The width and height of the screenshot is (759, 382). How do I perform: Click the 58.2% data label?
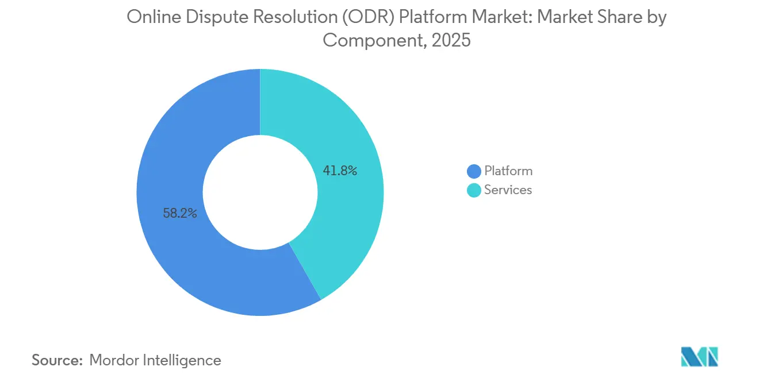point(180,213)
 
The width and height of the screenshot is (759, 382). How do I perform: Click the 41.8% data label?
point(340,171)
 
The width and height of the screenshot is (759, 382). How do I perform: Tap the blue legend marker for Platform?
point(474,171)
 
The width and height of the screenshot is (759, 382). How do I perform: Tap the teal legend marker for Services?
point(474,190)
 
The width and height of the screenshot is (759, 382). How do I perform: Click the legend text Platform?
point(508,171)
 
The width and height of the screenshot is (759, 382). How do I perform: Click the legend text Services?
point(508,190)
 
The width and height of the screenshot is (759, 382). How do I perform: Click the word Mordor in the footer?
point(113,360)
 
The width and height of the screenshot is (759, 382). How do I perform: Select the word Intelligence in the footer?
point(182,361)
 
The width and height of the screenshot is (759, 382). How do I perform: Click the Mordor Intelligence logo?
point(699,357)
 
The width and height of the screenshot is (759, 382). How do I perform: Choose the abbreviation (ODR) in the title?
point(368,17)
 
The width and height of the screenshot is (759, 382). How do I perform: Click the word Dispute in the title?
point(217,17)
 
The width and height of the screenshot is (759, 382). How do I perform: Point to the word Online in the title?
point(154,17)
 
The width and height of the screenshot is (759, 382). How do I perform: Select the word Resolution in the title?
point(295,17)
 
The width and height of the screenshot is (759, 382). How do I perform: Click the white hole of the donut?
point(260,192)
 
